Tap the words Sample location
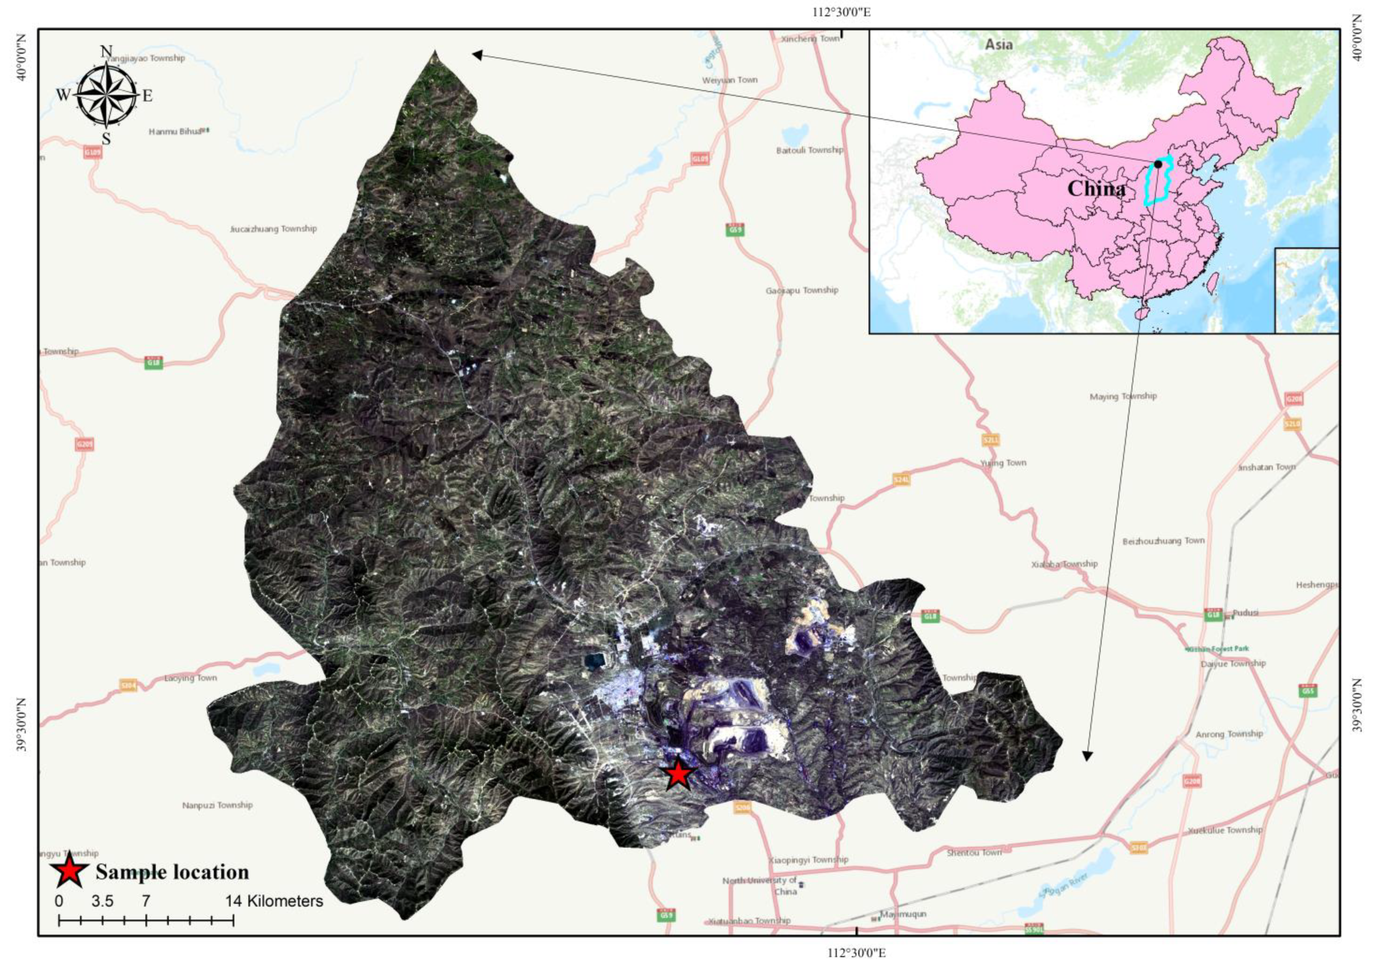172,872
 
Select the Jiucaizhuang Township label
273,229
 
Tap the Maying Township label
1123,396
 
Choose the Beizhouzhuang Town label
1163,540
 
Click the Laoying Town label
191,679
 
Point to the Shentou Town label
974,852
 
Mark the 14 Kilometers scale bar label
274,901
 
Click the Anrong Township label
1229,734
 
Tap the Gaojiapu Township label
801,290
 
